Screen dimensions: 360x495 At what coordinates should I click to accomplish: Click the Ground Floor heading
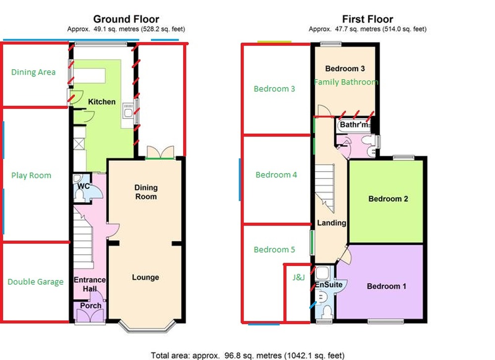point(126,19)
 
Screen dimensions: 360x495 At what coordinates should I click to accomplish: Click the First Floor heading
point(367,19)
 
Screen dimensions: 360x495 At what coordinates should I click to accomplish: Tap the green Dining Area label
point(33,72)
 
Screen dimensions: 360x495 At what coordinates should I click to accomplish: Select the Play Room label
point(31,176)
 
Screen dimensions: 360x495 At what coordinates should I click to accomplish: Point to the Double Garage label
point(36,282)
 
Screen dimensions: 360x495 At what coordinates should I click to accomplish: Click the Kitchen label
point(101,102)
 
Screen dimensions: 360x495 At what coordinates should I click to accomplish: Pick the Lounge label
point(146,277)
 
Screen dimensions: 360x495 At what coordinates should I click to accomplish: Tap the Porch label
point(91,305)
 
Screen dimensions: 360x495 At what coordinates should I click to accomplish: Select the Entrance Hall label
point(90,284)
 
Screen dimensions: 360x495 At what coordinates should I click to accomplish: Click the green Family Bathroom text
point(346,82)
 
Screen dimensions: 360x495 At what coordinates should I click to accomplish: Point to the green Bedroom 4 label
point(276,175)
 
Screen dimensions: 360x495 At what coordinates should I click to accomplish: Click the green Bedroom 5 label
point(274,250)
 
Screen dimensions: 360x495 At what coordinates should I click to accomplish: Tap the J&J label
point(298,278)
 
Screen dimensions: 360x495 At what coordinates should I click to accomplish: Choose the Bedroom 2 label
point(388,199)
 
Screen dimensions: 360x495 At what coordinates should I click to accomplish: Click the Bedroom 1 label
point(387,286)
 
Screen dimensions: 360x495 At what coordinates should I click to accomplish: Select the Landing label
point(332,223)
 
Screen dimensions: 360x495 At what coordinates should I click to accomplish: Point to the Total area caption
point(247,355)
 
